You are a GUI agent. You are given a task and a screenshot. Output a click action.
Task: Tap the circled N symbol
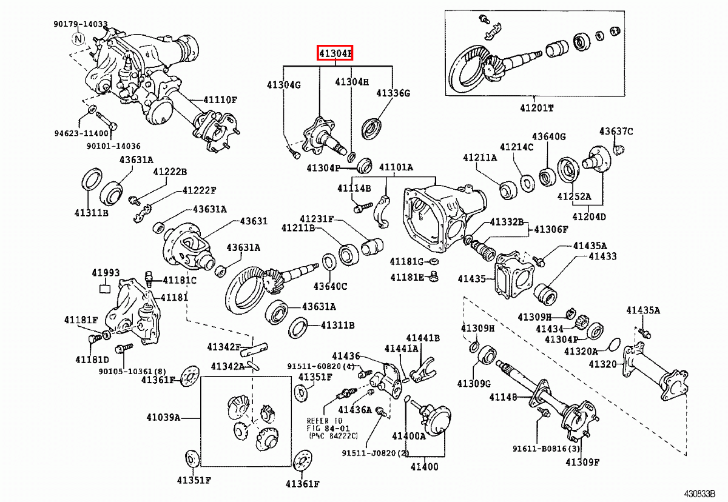[x=79, y=39]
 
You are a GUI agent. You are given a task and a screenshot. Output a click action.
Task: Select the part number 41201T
[x=536, y=108]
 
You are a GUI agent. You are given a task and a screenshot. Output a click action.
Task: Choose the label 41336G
[x=393, y=93]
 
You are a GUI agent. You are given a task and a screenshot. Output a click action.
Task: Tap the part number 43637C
[x=616, y=131]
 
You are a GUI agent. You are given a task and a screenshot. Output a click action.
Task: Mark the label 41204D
[x=588, y=216]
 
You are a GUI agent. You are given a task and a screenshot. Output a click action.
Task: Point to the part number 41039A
[x=163, y=417]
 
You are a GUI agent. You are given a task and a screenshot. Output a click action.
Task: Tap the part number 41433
[x=602, y=256]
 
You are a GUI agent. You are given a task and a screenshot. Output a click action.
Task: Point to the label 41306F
[x=551, y=229]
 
